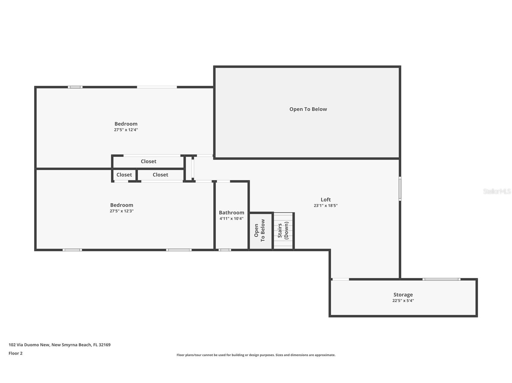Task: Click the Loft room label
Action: point(326,200)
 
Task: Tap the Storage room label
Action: point(403,295)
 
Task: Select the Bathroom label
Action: point(231,213)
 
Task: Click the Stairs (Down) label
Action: point(283,230)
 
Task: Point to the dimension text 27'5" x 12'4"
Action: point(126,130)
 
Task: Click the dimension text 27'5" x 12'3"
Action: point(122,211)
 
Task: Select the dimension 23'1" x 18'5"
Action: point(326,206)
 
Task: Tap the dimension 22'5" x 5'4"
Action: point(403,300)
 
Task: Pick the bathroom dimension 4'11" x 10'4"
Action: point(231,219)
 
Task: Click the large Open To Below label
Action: point(308,109)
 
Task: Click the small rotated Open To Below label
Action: point(259,230)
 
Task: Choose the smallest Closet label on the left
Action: point(124,175)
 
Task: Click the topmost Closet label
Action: point(148,161)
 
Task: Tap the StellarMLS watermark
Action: point(497,191)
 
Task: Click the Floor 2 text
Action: point(15,353)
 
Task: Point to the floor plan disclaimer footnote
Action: point(256,355)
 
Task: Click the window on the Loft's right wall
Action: point(400,188)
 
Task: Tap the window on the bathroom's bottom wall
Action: point(225,250)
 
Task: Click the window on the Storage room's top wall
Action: point(441,279)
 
